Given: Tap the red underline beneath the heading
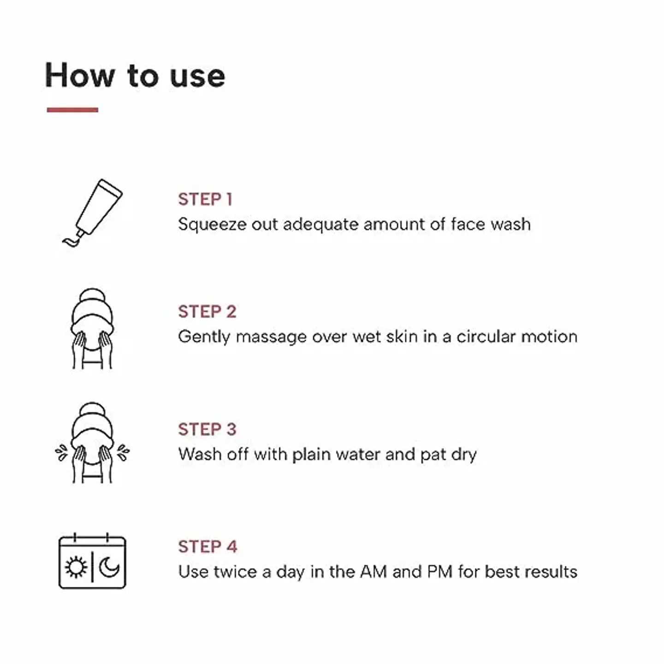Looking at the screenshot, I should tap(72, 110).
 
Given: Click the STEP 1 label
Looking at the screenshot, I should tap(205, 199).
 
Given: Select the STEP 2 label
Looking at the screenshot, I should tap(207, 312).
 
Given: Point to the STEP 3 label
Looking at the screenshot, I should tap(207, 429).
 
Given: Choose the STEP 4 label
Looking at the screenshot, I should tap(207, 547).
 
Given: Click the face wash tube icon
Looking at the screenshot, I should tap(94, 212).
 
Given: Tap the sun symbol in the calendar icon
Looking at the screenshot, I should tap(76, 567).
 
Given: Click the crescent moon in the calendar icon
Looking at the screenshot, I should tap(109, 567).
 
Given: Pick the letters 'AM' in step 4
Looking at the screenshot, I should tap(373, 572).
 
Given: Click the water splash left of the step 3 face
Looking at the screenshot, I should tap(61, 452).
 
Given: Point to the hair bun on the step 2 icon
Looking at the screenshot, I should tap(92, 296).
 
